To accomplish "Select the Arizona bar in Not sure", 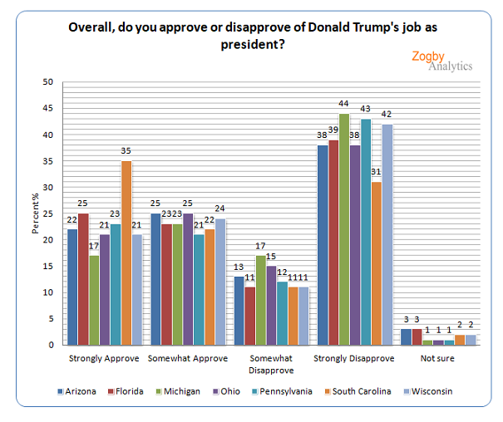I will pyautogui.click(x=406, y=336).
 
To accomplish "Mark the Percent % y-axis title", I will pyautogui.click(x=36, y=213).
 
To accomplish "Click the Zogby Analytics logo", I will pyautogui.click(x=441, y=61).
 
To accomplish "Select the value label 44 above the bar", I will pyautogui.click(x=343, y=105).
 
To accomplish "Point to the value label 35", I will pyautogui.click(x=126, y=152).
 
